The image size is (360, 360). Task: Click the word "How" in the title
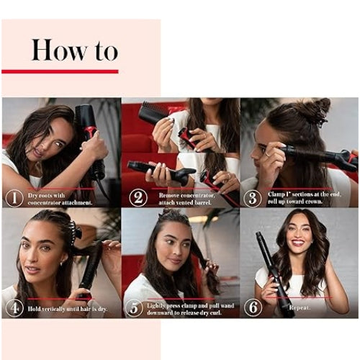point(59,50)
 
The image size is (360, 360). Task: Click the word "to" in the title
point(107,52)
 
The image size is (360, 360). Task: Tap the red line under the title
point(60,71)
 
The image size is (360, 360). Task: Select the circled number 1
point(14,198)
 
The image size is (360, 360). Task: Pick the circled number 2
point(138,198)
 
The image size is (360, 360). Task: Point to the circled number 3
point(253,199)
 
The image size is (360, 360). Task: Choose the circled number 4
point(14,308)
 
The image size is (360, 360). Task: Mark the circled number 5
point(135,308)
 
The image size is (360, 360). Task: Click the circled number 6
point(253,307)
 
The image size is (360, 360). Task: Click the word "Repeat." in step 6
point(300,308)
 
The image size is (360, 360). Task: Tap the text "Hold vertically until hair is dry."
point(68,309)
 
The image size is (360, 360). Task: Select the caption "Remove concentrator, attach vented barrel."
point(186,199)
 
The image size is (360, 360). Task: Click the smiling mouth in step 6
point(298,243)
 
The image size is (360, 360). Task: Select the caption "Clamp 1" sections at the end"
point(305,194)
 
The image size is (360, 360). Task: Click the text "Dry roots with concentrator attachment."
point(60,199)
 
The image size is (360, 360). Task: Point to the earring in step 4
point(61,264)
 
